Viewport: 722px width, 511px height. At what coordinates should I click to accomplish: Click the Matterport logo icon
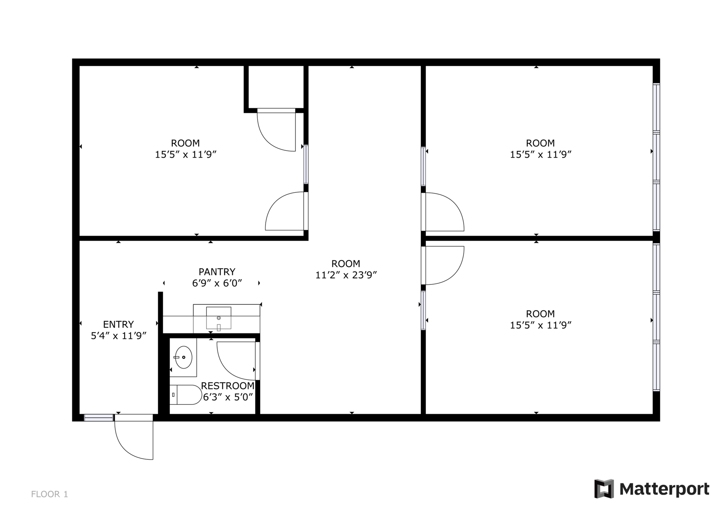pos(604,489)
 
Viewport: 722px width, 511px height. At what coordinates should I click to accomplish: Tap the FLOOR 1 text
pos(49,494)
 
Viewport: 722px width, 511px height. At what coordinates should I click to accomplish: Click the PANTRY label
pos(217,272)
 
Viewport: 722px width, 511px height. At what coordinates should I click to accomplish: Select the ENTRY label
pos(118,324)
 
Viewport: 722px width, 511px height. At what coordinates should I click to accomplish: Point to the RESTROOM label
pos(228,386)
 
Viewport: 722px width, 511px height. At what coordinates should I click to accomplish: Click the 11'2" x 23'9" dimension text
pos(346,275)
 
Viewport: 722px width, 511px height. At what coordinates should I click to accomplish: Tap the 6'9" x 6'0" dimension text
pos(217,283)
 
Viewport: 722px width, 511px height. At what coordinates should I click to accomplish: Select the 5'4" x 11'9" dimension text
pos(118,336)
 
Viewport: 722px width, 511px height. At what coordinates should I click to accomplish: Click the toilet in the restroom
pos(186,395)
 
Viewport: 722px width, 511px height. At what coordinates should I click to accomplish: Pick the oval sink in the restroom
pos(183,357)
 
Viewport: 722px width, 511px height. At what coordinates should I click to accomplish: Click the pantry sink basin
pos(218,318)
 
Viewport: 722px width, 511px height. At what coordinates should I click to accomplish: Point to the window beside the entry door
pos(99,418)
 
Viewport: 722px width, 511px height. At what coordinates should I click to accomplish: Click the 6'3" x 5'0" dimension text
pos(228,398)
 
